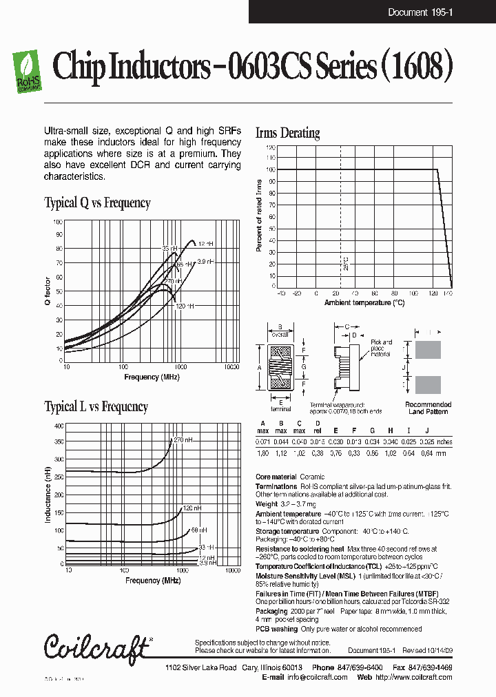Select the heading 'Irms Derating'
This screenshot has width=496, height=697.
[x=287, y=133]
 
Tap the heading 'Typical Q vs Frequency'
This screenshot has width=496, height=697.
[x=97, y=202]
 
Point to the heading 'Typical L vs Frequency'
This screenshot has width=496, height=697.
[x=96, y=406]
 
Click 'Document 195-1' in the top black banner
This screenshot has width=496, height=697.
[x=420, y=12]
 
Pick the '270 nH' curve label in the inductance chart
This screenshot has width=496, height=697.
[x=182, y=439]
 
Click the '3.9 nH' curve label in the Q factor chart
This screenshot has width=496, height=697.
[x=205, y=261]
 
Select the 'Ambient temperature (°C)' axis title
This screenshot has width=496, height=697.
[x=364, y=302]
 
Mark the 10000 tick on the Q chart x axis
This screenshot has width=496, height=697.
[x=231, y=367]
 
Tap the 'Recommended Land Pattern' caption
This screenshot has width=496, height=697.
[x=428, y=408]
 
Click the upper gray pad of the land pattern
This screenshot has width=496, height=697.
[x=427, y=349]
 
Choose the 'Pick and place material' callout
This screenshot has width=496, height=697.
[x=381, y=348]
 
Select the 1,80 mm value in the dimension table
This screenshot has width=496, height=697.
[x=262, y=454]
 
